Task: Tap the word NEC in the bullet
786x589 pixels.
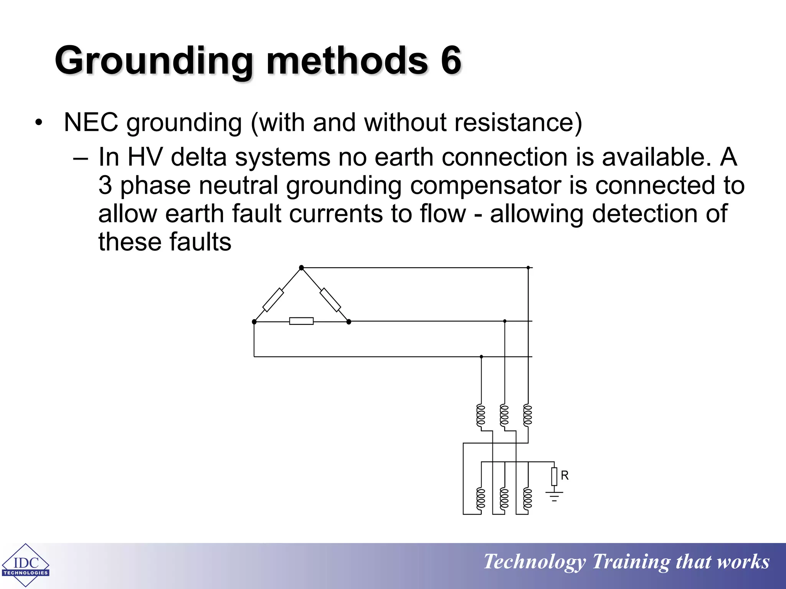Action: [x=91, y=123]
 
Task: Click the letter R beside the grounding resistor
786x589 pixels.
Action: [x=565, y=475]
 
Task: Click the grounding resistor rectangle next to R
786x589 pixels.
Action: [x=554, y=477]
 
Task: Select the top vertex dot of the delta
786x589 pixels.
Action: [x=301, y=268]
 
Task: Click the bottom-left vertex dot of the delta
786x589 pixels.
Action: [x=254, y=322]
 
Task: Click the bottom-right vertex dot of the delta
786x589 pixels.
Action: [x=348, y=322]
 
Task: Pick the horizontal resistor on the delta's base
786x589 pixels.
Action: [x=301, y=321]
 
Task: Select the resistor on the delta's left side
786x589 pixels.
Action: [x=273, y=300]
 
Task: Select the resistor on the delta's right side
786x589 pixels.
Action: [x=330, y=300]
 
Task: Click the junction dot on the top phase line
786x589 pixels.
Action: [x=528, y=268]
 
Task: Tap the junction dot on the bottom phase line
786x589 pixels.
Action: [x=481, y=357]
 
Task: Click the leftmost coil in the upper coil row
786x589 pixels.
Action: [x=481, y=415]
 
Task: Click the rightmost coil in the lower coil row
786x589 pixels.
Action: [x=528, y=499]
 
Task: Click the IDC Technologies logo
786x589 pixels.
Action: [x=25, y=565]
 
